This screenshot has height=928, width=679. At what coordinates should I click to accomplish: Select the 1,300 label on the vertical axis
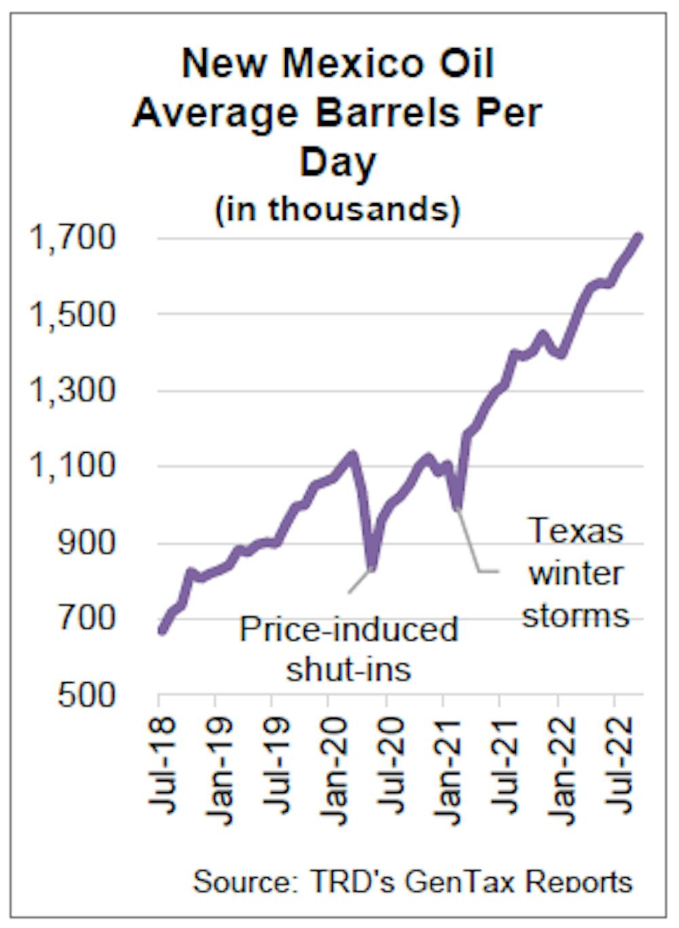tap(72, 390)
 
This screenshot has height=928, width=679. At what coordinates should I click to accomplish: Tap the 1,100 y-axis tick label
tap(72, 466)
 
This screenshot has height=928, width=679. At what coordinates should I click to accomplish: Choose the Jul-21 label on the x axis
tap(503, 763)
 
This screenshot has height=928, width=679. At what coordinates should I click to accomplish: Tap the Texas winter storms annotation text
tap(576, 574)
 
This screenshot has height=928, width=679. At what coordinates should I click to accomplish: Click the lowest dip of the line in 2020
tap(371, 567)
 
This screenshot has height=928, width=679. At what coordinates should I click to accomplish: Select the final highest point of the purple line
tap(638, 237)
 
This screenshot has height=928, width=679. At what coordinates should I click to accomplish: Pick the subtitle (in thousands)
tap(337, 209)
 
